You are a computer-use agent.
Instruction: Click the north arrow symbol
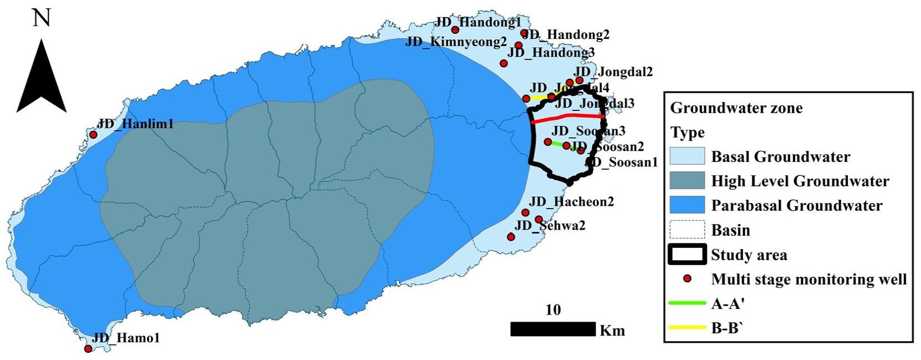(42, 78)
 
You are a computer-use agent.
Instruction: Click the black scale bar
(553, 329)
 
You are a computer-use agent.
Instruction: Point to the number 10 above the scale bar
(553, 310)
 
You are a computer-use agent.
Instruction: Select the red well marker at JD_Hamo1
(88, 348)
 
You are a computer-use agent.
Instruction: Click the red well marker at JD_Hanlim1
(94, 135)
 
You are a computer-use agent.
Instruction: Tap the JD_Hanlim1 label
(136, 124)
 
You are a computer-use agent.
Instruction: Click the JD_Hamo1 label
(126, 337)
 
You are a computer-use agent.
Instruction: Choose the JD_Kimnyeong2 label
(456, 42)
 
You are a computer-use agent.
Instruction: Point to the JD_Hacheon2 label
(572, 201)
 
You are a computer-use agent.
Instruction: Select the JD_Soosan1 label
(622, 162)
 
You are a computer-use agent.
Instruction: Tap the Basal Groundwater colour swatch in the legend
(687, 156)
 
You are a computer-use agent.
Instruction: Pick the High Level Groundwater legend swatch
(687, 181)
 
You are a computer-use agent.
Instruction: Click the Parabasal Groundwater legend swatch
(687, 205)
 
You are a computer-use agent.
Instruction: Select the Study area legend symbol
(687, 255)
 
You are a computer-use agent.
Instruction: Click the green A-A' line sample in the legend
(687, 303)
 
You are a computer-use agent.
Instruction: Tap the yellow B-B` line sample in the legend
(687, 328)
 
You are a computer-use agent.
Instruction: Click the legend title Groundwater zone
(736, 108)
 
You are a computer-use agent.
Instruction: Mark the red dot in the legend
(688, 279)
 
